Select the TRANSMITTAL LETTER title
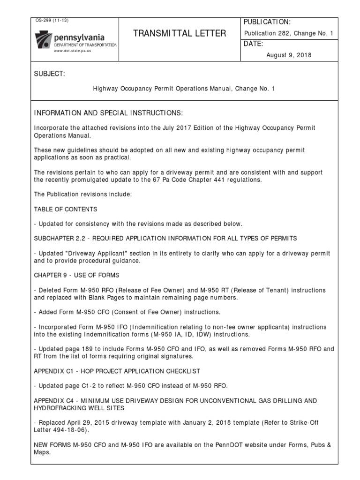pos(180,33)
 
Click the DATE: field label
pos(254,44)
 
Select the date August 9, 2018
pos(289,55)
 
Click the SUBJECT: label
pos(50,75)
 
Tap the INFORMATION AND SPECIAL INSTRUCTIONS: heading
pos(108,114)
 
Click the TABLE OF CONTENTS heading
pos(66,209)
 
